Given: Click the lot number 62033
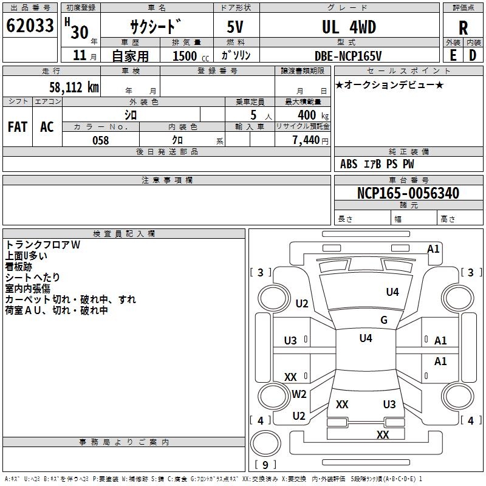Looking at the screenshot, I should click(29, 26).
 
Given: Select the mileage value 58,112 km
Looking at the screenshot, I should click(74, 87).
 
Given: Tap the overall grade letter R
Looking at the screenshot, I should click(463, 27).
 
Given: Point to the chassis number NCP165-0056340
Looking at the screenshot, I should click(408, 193).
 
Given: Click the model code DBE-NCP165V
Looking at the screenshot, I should click(349, 56).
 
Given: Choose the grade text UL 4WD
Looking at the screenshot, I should click(349, 27).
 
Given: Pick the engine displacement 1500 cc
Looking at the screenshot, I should click(189, 56).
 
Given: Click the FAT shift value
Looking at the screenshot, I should click(18, 127).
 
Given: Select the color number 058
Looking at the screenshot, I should click(100, 140).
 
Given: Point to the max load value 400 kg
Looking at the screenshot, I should click(310, 115).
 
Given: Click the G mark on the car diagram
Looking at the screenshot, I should click(384, 320).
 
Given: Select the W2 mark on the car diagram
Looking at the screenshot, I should click(299, 394).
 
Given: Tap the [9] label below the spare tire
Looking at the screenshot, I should click(265, 465).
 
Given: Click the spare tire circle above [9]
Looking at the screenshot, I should click(265, 442).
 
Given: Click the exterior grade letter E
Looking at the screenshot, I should click(453, 55).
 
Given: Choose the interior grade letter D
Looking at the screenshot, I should click(473, 55).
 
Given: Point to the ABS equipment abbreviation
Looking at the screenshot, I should click(349, 164).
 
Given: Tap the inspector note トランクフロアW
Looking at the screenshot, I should click(43, 245).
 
